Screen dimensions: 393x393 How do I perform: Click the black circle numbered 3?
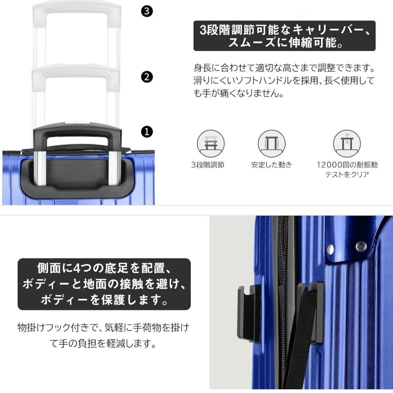coord(146,11)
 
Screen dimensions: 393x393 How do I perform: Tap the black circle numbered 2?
coord(146,77)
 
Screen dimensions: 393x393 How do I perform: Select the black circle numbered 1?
coord(146,132)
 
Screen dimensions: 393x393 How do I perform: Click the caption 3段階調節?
coord(208,165)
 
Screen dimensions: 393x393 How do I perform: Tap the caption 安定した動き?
coord(271,165)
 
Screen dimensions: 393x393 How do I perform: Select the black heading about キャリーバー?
coord(284,36)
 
